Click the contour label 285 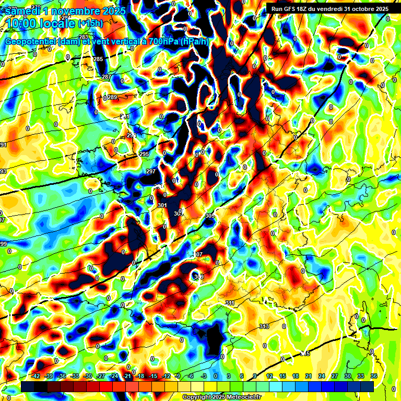(98, 59)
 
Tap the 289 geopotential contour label (112, 97)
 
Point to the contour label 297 (151, 171)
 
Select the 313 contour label (264, 326)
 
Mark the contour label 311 (230, 303)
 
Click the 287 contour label (107, 77)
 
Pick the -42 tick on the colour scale (36, 376)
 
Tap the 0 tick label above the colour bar (215, 376)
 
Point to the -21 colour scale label (126, 376)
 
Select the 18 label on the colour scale (295, 376)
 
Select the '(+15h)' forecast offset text (91, 23)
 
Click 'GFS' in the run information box (291, 9)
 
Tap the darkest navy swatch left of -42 (27, 386)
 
